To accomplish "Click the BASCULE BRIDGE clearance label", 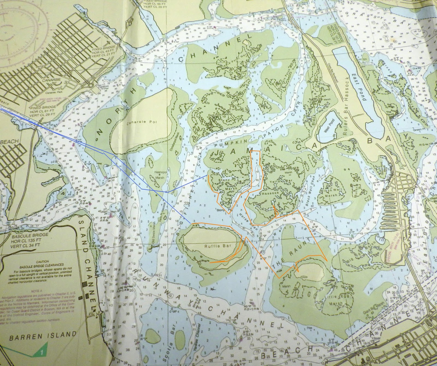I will [x=30, y=235].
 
